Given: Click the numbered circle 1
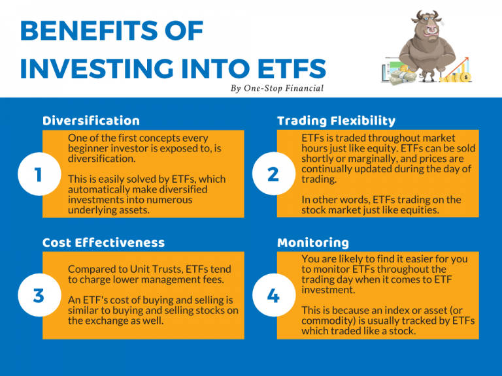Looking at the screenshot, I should pyautogui.click(x=38, y=174).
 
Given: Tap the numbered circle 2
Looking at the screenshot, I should pyautogui.click(x=273, y=174).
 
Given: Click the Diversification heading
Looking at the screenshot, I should pyautogui.click(x=91, y=121).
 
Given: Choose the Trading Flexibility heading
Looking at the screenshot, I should pyautogui.click(x=336, y=121).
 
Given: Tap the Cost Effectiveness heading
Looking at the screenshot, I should pyautogui.click(x=103, y=243).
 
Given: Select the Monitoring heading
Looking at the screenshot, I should pyautogui.click(x=313, y=243).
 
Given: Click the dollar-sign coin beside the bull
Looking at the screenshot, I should pyautogui.click(x=465, y=78).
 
